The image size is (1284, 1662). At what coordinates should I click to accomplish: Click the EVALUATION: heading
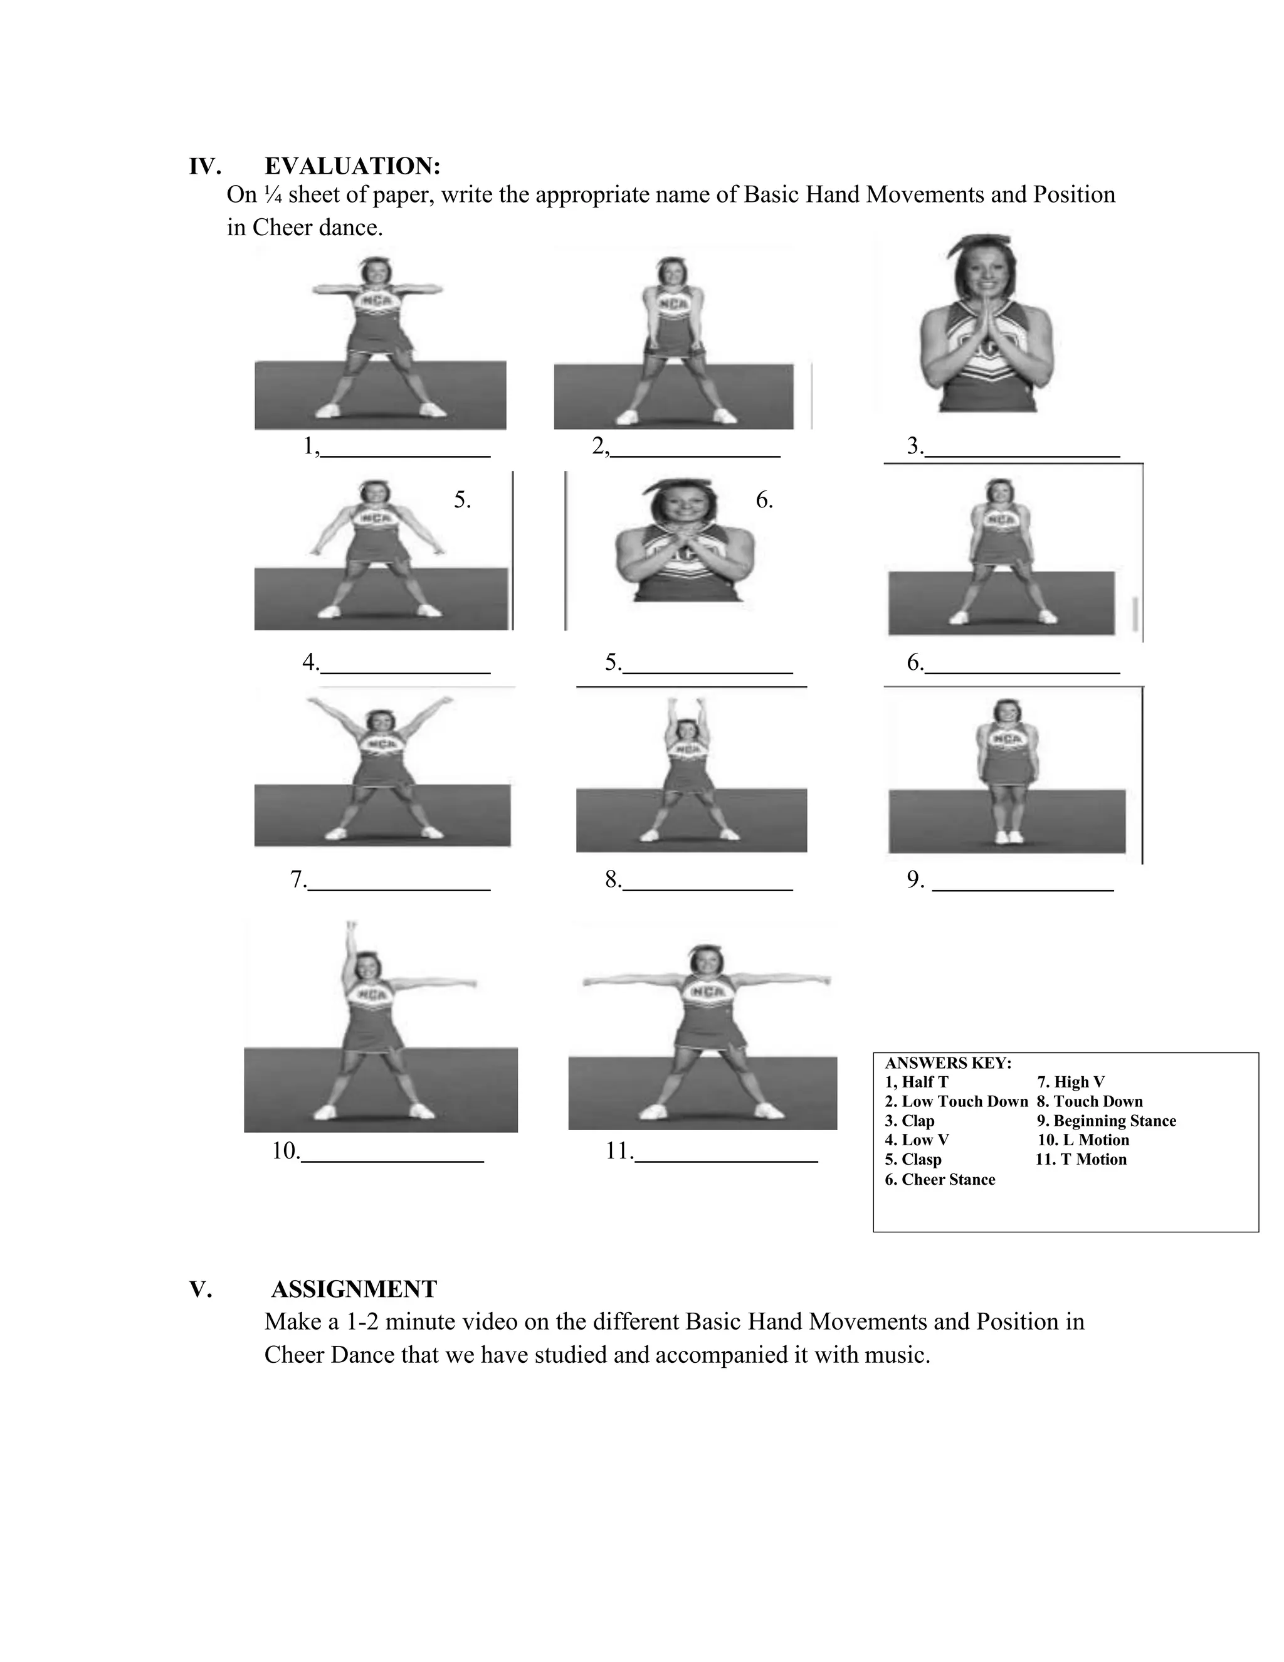352,166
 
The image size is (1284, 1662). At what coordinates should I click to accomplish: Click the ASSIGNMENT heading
354,1289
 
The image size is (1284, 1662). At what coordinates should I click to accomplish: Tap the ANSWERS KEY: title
948,1063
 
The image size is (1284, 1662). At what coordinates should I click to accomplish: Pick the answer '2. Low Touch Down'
956,1101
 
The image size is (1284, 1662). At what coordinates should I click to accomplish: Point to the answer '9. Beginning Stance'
1106,1121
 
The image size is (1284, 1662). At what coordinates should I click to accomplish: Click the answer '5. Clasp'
913,1160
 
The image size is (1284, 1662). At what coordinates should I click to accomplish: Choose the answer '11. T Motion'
1081,1160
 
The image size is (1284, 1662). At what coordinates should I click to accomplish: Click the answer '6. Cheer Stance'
939,1180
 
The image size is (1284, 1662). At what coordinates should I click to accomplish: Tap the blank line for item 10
392,1160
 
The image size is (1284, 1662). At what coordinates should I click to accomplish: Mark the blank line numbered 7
399,888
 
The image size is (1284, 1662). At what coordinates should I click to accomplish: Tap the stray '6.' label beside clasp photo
764,500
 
